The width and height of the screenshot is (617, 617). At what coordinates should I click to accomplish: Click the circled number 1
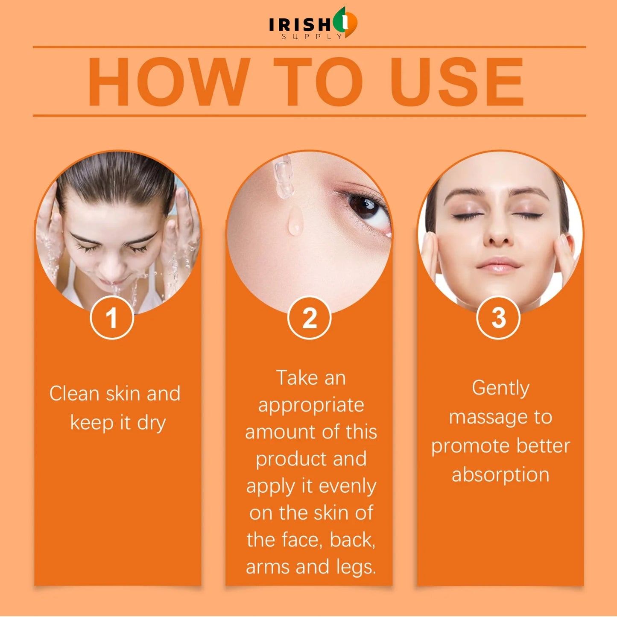[112, 318]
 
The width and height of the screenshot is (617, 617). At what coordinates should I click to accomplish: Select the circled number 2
[309, 318]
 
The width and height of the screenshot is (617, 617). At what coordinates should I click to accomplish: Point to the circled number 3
[499, 318]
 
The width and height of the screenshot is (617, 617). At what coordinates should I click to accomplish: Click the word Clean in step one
[74, 393]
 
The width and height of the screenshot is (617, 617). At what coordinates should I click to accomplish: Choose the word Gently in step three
[500, 389]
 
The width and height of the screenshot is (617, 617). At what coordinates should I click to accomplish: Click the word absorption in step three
[500, 475]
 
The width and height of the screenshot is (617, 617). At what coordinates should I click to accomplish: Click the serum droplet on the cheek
[295, 221]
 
